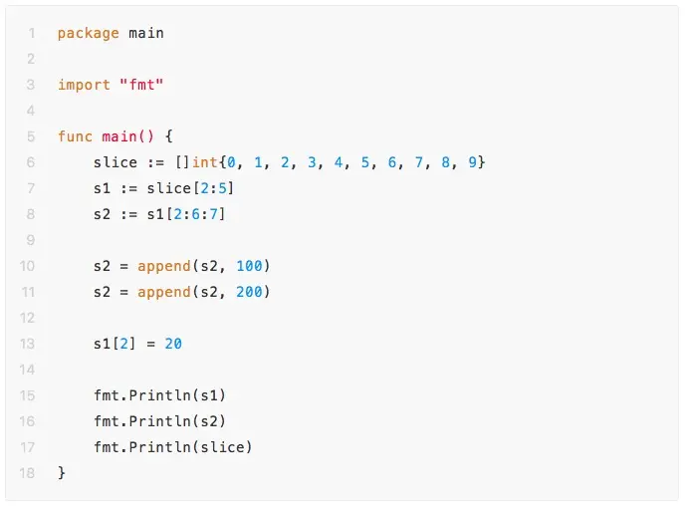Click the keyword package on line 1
coord(88,33)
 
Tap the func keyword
coord(75,136)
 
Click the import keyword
coord(84,85)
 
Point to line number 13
coord(27,344)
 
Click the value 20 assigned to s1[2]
coord(173,344)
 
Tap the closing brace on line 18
coord(62,473)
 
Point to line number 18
coord(27,473)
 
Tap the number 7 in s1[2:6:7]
coord(226,214)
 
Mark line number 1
coord(31,33)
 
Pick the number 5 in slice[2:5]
coord(226,188)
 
